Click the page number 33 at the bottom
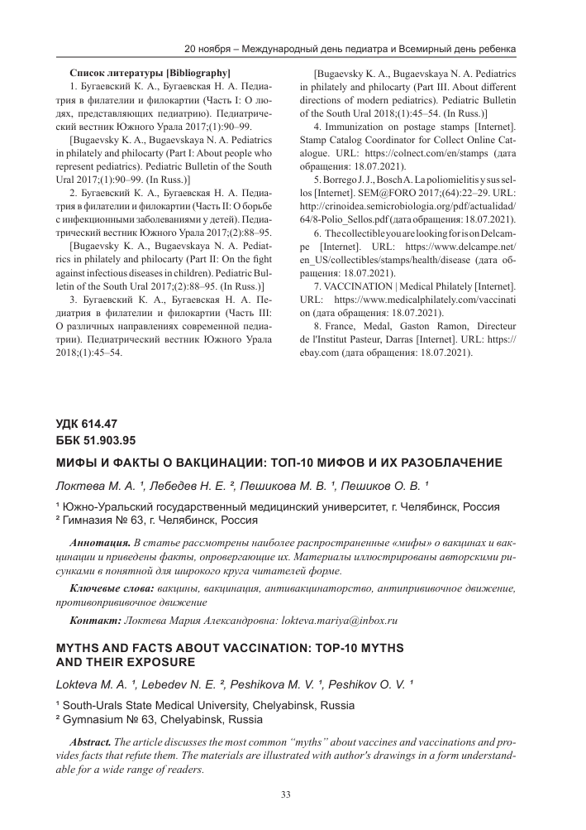(x=286, y=795)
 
